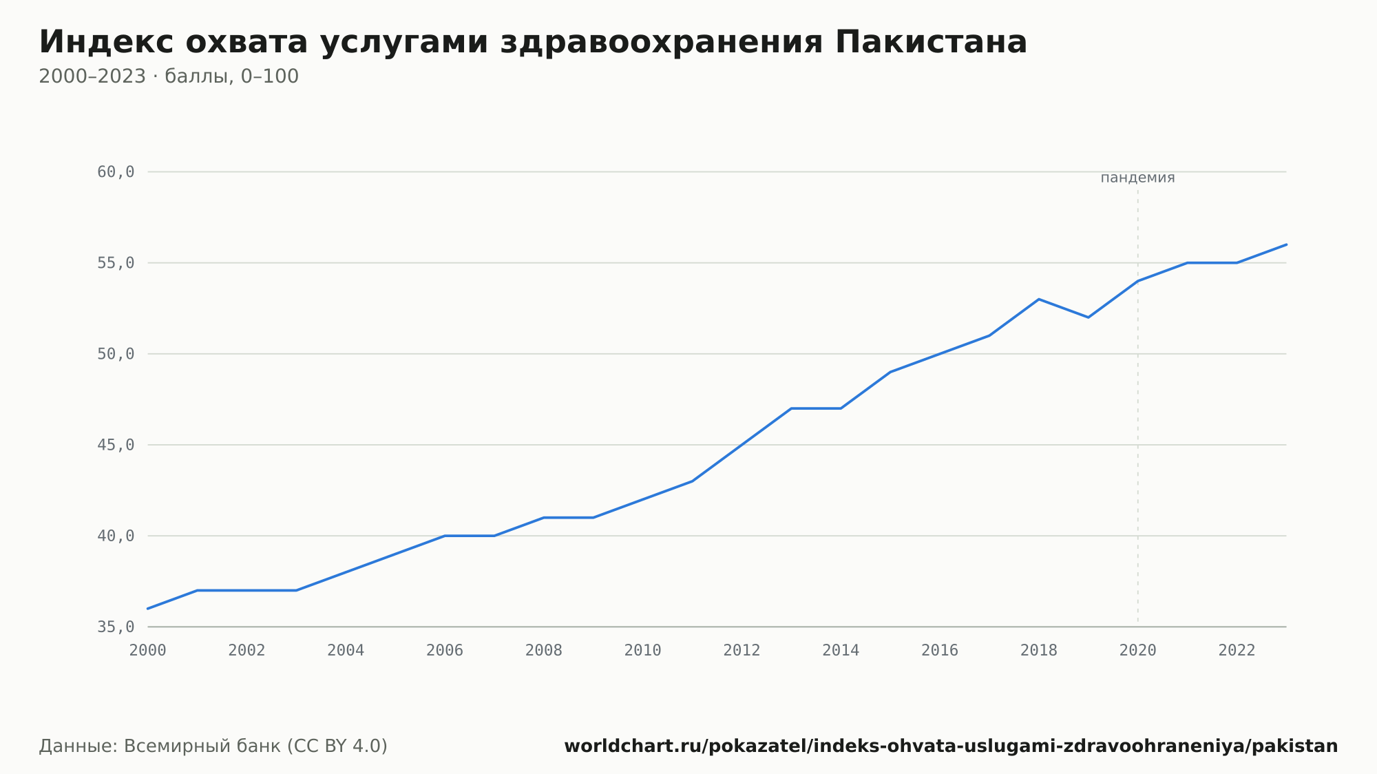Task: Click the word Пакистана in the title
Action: coord(931,42)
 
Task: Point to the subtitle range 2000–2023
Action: coord(92,76)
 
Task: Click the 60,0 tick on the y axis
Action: coord(116,172)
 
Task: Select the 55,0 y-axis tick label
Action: coord(116,263)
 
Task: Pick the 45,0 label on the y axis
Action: coord(116,445)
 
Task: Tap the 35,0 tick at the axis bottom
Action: coord(116,627)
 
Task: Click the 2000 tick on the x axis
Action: coord(148,651)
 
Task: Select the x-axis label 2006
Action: coord(445,651)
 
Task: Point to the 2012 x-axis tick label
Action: coord(742,651)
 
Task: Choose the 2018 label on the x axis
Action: coord(1039,651)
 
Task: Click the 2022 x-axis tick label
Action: coord(1237,651)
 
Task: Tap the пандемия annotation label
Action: coord(1137,178)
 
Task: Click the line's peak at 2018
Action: coord(1039,300)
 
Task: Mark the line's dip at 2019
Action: coord(1089,317)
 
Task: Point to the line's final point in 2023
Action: coord(1286,244)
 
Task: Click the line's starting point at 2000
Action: coord(148,609)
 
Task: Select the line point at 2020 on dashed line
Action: coord(1138,281)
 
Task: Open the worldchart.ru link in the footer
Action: coord(951,746)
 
